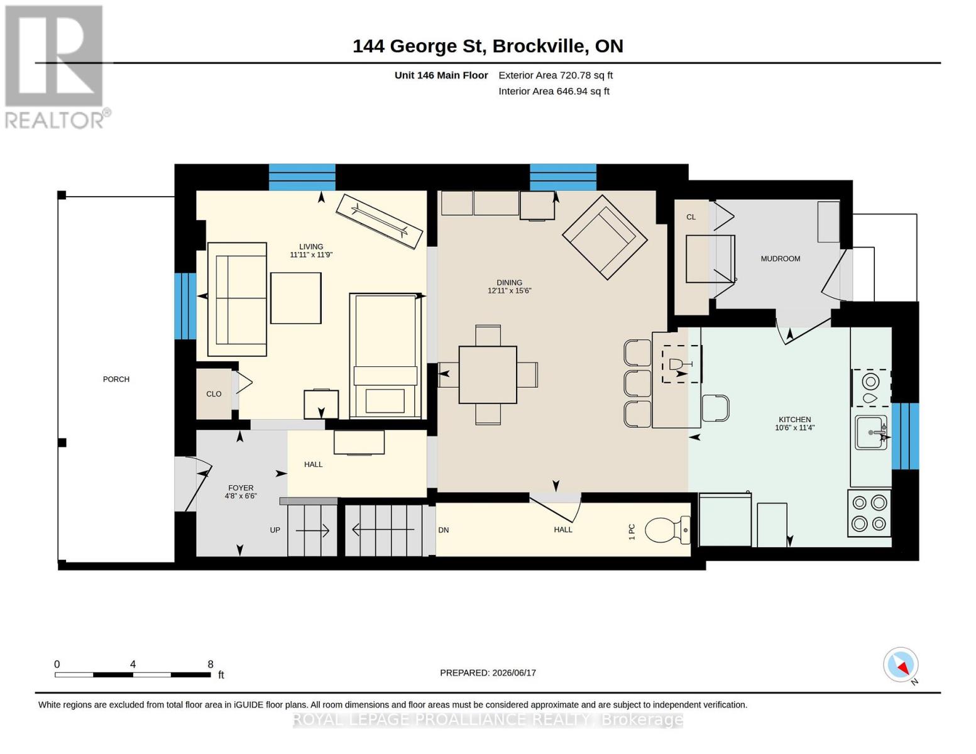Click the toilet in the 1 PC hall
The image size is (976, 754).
point(667,530)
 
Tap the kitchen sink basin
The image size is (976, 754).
point(870,432)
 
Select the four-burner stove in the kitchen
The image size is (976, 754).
point(869,513)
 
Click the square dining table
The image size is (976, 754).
point(488,374)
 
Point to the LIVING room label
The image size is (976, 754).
point(311,246)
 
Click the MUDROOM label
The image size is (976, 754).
point(780,259)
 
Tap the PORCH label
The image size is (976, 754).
point(116,379)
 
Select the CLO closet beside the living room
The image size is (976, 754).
point(214,394)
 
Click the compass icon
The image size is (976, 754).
point(901,665)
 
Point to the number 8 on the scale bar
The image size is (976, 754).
point(210,664)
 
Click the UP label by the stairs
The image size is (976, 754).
point(275,530)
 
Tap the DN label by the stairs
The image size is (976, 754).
point(443,530)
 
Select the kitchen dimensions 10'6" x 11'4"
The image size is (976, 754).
point(794,427)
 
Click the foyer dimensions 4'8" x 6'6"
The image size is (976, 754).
point(241,496)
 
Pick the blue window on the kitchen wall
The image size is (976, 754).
point(905,436)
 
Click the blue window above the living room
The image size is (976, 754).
point(302,177)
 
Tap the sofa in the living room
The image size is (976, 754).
point(237,300)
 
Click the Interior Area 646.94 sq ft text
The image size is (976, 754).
point(554,91)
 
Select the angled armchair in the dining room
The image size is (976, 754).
point(605,237)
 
